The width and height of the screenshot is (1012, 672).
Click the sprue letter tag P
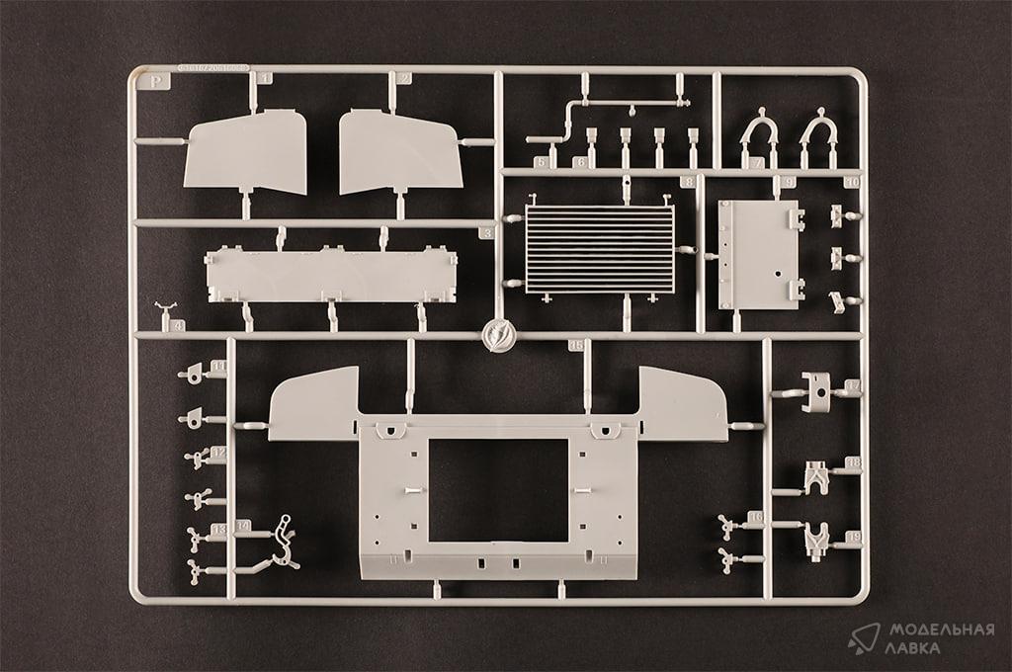pos(154,82)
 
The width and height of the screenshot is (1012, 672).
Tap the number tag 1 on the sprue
pos(262,78)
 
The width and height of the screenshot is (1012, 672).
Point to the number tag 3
pos(485,233)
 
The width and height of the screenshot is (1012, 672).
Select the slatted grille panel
pos(599,249)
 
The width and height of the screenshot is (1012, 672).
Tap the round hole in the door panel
pos(778,274)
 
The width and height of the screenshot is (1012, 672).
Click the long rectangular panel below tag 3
pos(330,275)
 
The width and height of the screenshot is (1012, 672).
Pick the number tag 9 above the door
pos(788,182)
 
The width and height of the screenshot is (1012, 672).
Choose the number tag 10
pos(852,182)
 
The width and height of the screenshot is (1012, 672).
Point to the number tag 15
pos(576,345)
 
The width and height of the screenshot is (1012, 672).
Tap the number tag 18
pos(853,462)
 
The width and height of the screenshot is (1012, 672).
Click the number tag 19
pos(853,537)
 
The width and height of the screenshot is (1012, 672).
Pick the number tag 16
pos(756,517)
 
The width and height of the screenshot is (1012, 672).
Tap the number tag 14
pos(242,525)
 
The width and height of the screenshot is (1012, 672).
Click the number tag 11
pos(217,367)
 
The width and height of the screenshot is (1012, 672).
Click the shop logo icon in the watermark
pos(863,637)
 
